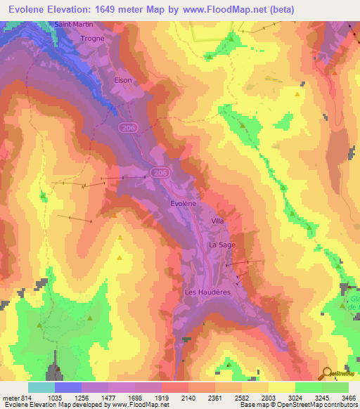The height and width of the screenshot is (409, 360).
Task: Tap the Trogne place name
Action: coord(92,39)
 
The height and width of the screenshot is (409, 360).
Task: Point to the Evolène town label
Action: coord(184,202)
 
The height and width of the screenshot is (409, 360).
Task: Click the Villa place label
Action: coord(217,221)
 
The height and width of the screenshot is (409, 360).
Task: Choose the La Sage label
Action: coord(221,245)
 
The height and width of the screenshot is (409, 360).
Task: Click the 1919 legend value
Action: coord(161,397)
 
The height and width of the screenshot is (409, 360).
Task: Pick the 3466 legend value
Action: coord(348,397)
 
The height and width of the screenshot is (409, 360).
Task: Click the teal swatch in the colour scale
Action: coord(41,387)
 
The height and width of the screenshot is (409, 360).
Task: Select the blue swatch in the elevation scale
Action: coord(68,387)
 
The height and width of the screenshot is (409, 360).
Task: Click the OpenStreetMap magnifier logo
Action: coord(326,373)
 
